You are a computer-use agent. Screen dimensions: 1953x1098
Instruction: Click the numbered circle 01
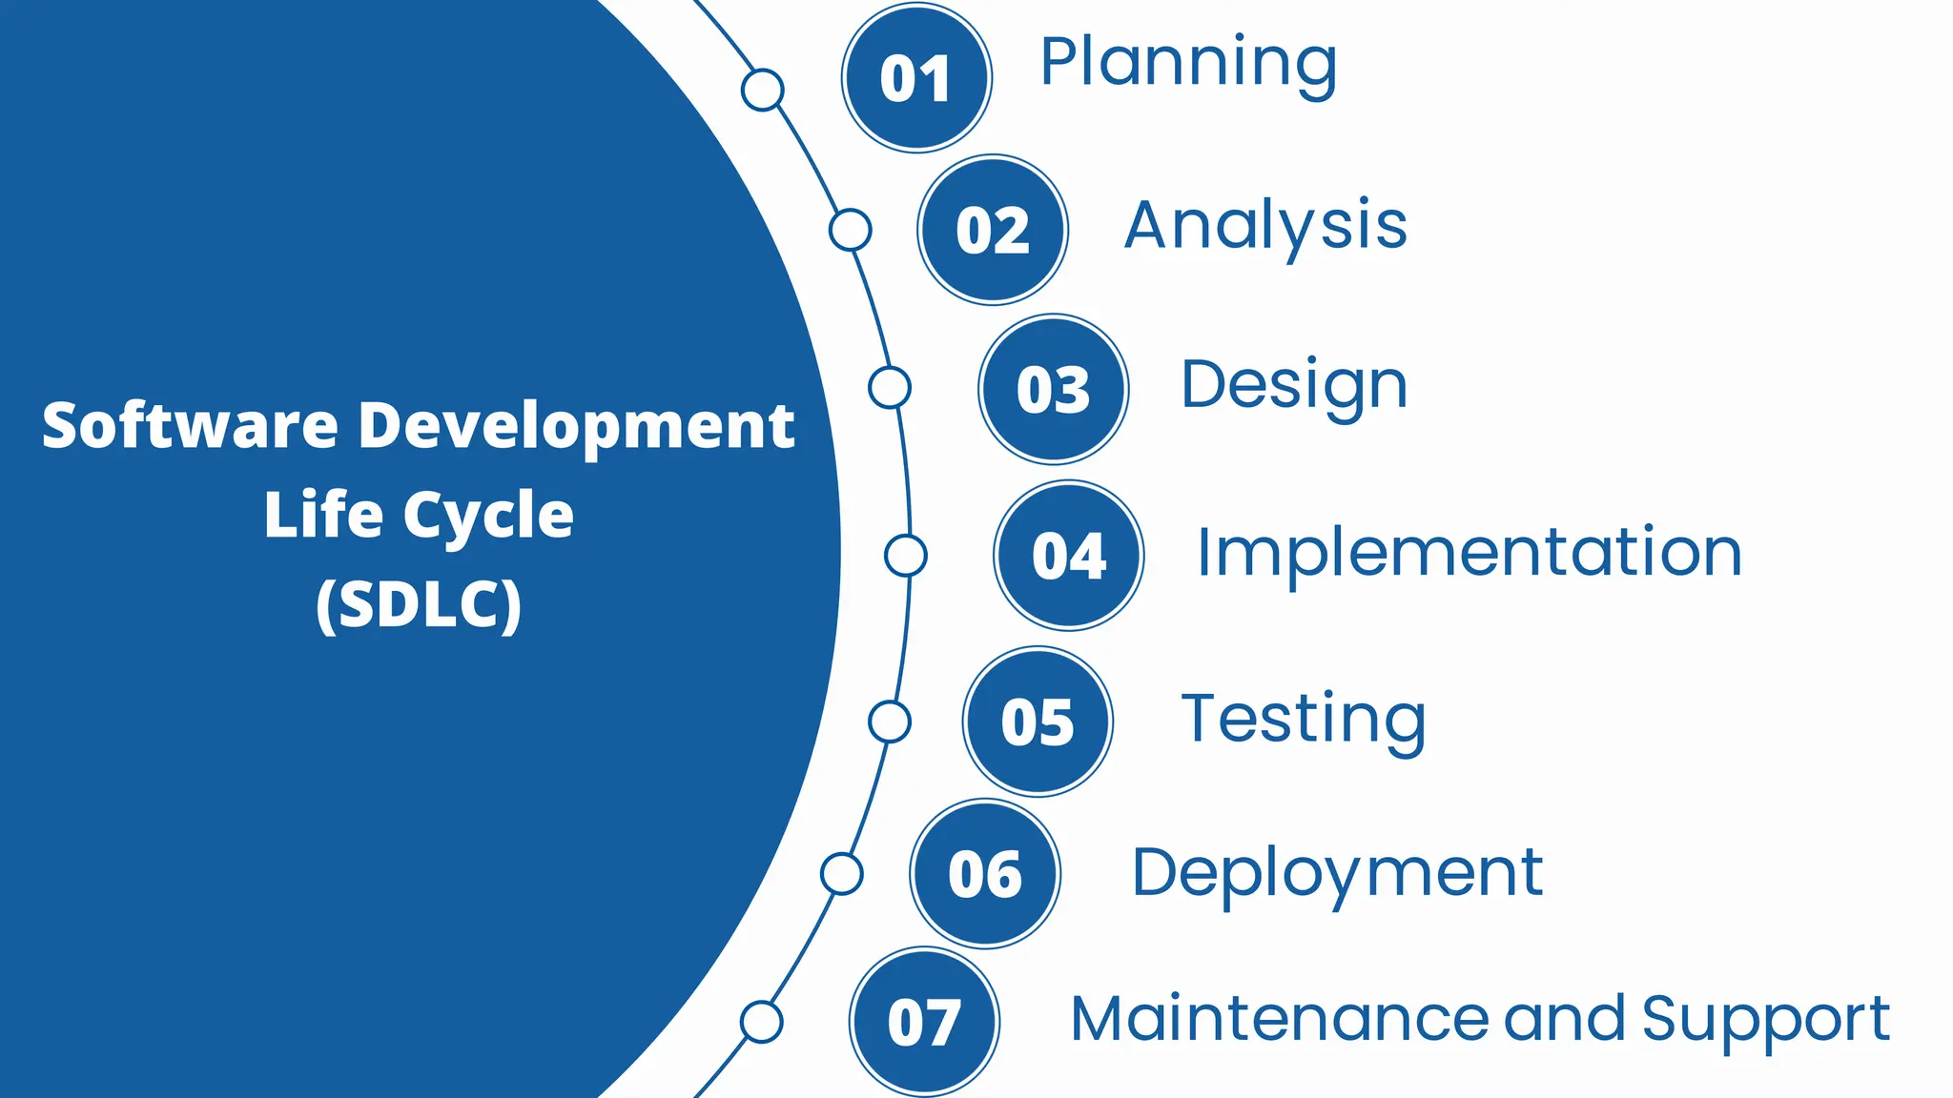(x=916, y=78)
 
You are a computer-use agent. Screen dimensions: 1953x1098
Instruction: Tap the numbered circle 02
(x=993, y=230)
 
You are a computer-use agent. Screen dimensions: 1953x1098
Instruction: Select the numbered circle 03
(x=1054, y=389)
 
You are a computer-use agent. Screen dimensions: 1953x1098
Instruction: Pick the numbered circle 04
(x=1069, y=555)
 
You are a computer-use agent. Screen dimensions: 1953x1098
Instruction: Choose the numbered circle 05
(x=1038, y=722)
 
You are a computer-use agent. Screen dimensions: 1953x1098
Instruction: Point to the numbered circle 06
(x=985, y=873)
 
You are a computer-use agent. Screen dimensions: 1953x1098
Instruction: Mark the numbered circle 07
(x=924, y=1022)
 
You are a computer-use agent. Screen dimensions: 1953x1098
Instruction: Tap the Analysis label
(x=1265, y=227)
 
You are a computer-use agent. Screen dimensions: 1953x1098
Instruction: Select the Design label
(x=1294, y=386)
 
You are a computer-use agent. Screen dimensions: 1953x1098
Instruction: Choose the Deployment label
(x=1337, y=873)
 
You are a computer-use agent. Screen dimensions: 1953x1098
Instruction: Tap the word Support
(x=1765, y=1020)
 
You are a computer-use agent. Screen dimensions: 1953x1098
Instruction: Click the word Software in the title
(x=190, y=425)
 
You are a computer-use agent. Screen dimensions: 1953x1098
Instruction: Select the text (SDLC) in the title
(x=419, y=604)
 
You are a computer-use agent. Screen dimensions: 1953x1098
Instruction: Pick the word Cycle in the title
(x=488, y=516)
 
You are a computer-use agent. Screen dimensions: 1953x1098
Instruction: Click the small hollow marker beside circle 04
(x=906, y=555)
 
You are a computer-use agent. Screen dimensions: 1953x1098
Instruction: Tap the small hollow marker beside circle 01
(x=763, y=90)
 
